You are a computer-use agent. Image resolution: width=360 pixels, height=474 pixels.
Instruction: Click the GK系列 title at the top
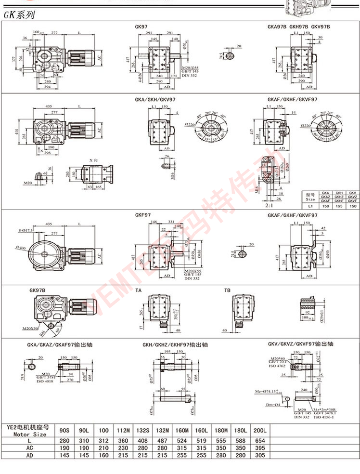pos(19,15)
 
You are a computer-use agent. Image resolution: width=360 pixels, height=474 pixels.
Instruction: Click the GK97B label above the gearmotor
pos(38,290)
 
